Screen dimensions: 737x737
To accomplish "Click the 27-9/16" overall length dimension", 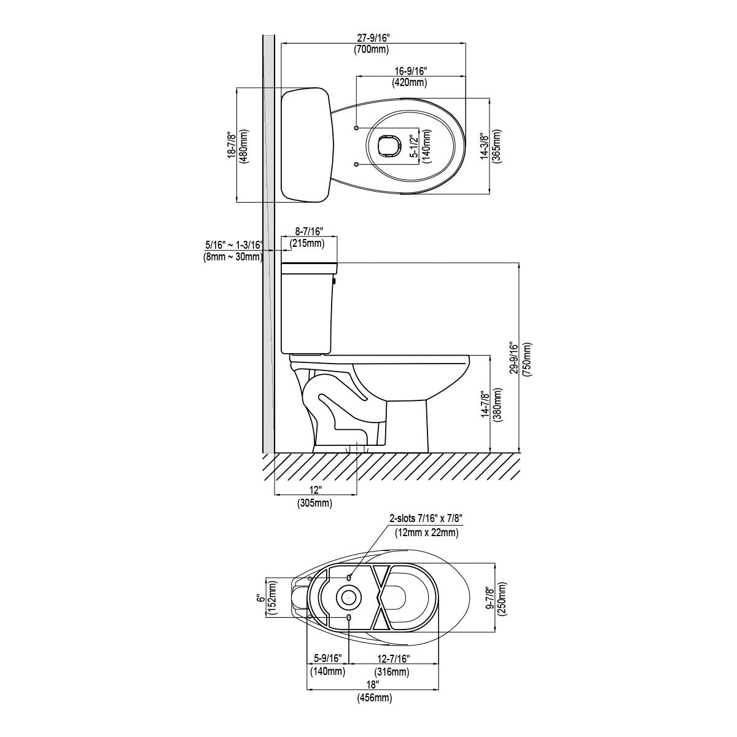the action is pos(373,38).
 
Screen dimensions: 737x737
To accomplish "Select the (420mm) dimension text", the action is pos(410,82).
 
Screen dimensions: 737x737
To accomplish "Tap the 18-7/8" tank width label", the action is pos(232,146).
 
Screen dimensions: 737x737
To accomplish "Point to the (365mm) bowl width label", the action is pos(497,147).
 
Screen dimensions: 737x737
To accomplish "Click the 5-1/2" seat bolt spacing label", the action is pos(414,146).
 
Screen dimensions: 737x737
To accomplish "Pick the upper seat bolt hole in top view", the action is pos(356,127).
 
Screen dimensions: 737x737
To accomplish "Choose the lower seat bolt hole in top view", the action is pos(356,164).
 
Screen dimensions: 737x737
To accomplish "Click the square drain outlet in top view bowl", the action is pos(389,146).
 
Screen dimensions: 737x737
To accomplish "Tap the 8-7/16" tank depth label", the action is pos(309,231).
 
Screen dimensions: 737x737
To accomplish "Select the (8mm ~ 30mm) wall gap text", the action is pos(233,257).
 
